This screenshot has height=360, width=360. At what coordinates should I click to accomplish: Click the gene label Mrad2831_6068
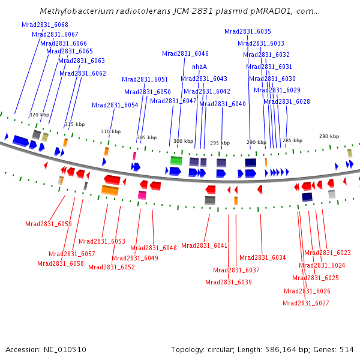[45, 25]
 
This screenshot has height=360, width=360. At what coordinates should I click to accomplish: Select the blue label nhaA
[199, 67]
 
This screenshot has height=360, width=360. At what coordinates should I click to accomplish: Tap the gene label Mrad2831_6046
[185, 53]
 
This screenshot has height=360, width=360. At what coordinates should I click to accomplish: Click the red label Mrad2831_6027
[306, 303]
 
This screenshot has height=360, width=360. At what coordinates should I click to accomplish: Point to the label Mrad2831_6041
[205, 245]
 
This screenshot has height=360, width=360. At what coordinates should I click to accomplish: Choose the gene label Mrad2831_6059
[49, 224]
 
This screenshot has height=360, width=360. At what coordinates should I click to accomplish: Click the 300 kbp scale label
[184, 142]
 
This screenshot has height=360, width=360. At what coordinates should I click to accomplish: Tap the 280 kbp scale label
[329, 136]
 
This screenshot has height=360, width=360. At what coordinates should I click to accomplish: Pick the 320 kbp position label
[40, 115]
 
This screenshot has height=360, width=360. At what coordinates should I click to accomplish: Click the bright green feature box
[176, 160]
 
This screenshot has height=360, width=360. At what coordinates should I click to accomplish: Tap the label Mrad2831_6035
[248, 31]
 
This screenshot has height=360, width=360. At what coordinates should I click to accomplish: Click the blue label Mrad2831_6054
[115, 105]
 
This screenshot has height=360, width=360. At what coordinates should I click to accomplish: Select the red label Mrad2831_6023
[328, 253]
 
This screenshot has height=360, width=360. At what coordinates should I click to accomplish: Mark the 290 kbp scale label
[256, 142]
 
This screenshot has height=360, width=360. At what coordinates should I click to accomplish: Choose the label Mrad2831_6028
[287, 101]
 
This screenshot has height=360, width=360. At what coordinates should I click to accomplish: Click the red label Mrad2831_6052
[112, 267]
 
